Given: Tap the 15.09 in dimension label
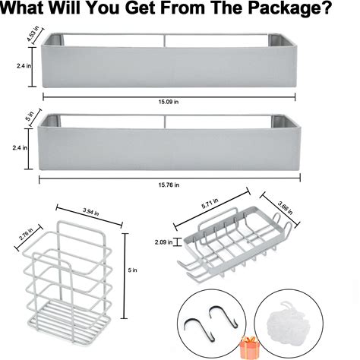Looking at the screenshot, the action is coord(169,102).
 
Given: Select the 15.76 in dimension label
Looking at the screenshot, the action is coord(169,185).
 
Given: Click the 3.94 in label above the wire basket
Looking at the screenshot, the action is coord(90,212).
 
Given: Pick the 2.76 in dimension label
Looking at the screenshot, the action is coord(26,234).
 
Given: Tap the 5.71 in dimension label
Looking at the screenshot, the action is coord(210,204).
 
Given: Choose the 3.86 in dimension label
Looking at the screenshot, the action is coord(285,207).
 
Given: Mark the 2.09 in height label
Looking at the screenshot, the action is coord(163,242).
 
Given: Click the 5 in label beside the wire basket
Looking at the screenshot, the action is coord(132,270).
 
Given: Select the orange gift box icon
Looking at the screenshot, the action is coord(250,348).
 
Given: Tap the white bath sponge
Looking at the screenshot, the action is coord(288,321).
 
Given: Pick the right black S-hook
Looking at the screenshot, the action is coord(223,316).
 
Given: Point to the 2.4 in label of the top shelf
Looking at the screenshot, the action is coord(24,66).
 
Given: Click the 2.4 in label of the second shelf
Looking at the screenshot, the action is coord(20,147).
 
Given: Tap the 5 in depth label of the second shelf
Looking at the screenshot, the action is coord(30,116).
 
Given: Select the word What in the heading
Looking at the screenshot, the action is coord(23,8).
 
